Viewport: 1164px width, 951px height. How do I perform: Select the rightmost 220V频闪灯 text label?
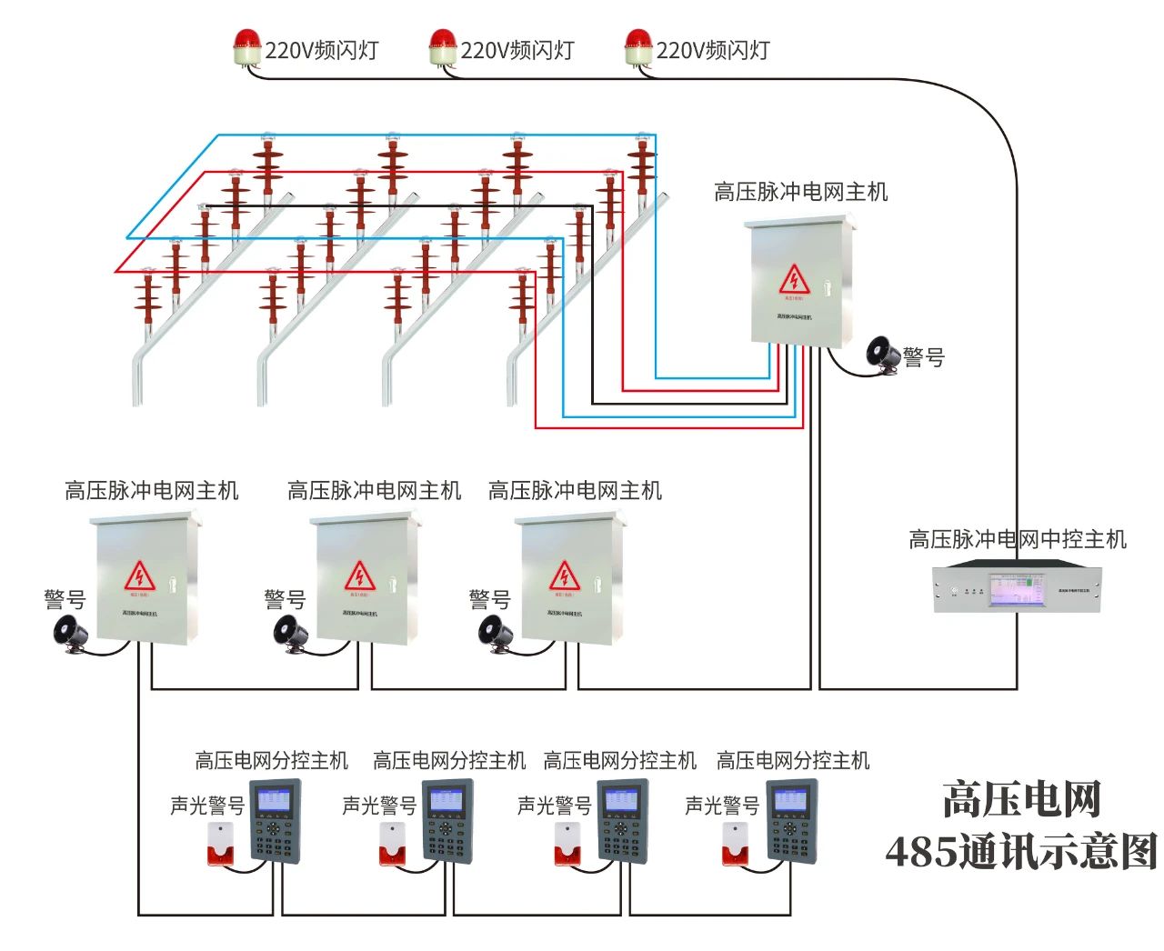713,50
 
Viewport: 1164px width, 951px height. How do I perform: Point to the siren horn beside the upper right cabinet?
880,354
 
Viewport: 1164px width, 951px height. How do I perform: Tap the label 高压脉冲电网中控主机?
1017,539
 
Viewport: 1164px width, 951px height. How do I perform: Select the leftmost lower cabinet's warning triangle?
139,576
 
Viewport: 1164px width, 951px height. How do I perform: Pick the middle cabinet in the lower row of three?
364,580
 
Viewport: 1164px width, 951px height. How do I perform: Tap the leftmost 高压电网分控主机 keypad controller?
274,821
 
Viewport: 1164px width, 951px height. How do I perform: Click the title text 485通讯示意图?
1020,852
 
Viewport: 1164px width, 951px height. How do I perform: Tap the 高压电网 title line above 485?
1020,799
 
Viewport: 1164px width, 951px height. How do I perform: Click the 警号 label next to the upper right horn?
924,357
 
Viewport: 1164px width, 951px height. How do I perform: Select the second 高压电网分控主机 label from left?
449,759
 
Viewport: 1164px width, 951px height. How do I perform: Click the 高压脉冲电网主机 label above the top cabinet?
800,192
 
